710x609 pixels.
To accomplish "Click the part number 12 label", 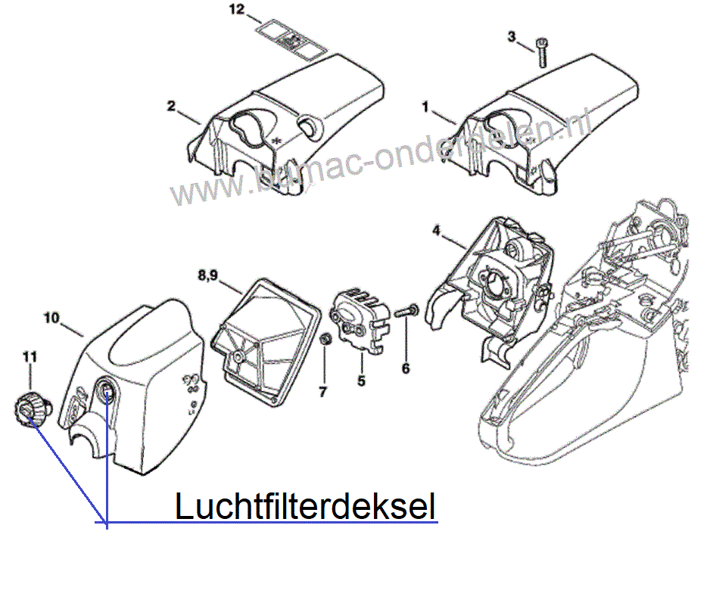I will coord(236,10).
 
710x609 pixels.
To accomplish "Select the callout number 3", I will coord(511,36).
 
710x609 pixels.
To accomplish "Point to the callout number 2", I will coord(172,106).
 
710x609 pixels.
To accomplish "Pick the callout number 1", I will coord(425,108).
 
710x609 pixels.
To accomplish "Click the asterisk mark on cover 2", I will coord(277,139).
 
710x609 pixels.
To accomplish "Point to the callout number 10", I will coord(52,318).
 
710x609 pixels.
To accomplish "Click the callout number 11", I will coord(30,356).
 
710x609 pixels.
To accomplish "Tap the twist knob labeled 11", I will coord(29,411).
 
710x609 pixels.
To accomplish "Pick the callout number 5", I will coord(361,381).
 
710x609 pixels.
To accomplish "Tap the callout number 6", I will coord(406,368).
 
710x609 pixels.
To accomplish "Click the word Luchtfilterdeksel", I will coord(305,507).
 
